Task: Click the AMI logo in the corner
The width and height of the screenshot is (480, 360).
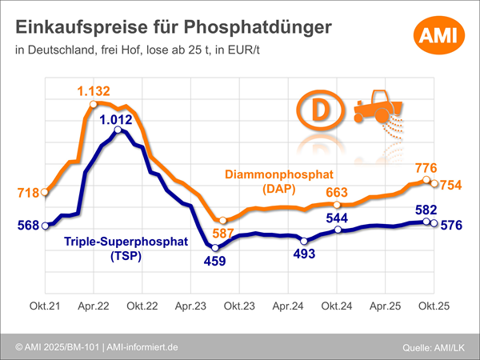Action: [436, 36]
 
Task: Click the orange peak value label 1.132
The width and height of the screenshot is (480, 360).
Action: [94, 90]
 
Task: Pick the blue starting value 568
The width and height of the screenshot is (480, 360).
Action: [27, 226]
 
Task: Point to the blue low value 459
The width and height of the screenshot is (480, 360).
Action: [214, 260]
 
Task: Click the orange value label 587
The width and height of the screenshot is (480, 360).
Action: [223, 234]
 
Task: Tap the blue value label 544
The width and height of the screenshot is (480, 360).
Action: [338, 217]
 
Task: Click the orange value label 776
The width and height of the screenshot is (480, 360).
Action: [426, 169]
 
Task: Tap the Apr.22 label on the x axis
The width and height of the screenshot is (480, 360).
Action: [94, 306]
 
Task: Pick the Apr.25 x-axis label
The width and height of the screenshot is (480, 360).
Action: [384, 306]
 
